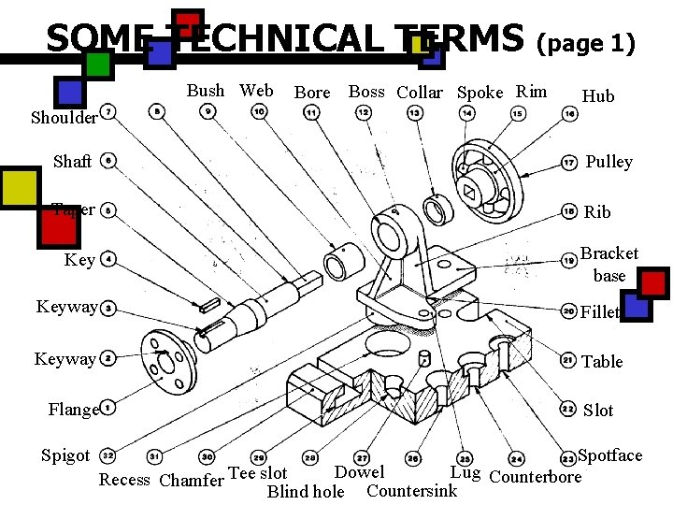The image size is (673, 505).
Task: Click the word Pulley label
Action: pos(609,162)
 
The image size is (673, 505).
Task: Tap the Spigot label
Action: pos(65,455)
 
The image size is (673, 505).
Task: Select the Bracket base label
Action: pos(609,265)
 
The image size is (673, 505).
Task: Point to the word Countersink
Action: pos(412,491)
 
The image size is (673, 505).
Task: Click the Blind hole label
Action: pos(306,492)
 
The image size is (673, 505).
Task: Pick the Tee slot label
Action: pos(258,473)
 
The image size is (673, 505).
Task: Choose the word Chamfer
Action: pos(192,481)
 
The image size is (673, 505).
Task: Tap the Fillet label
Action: pos(600,312)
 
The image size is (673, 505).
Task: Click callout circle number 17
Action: pos(568,163)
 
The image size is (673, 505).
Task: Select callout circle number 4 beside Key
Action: pos(109,259)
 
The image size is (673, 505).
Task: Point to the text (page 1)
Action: pos(585,44)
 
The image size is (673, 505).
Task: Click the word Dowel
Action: pos(359,472)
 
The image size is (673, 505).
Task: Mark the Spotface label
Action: pos(610,455)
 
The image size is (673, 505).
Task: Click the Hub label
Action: pos(598,96)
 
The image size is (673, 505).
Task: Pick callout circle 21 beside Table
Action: pos(567,360)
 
